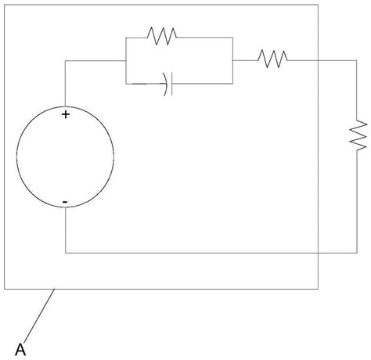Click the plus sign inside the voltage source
pos(66,114)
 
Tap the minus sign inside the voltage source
pos(65,202)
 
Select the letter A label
pos(20,350)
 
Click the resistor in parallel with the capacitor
pos(162,36)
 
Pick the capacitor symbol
pos(168,84)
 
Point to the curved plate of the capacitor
pos(166,84)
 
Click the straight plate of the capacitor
pos(171,84)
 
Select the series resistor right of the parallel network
pos(273,59)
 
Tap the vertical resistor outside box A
pos(358,135)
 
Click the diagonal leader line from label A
pos(39,315)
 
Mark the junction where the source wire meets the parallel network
pos(126,61)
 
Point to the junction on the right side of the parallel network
pos(232,60)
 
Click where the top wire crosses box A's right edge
pos(318,60)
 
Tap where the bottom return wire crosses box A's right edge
pos(318,253)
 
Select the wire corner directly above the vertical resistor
pos(357,60)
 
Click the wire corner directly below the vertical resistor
pos(357,253)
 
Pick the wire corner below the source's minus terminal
pos(65,253)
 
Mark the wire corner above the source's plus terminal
pos(65,61)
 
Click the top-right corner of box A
pos(318,5)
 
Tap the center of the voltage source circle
pos(65,157)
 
